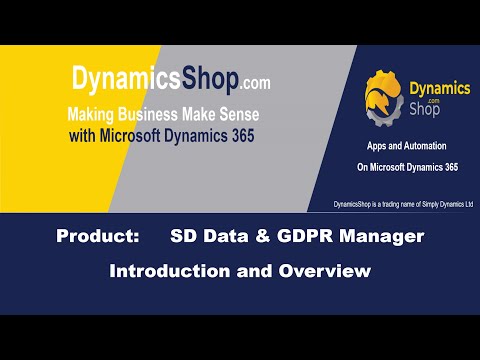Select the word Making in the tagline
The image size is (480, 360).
tap(95, 114)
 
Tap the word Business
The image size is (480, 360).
tap(164, 114)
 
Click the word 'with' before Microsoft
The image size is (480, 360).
tap(84, 135)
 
